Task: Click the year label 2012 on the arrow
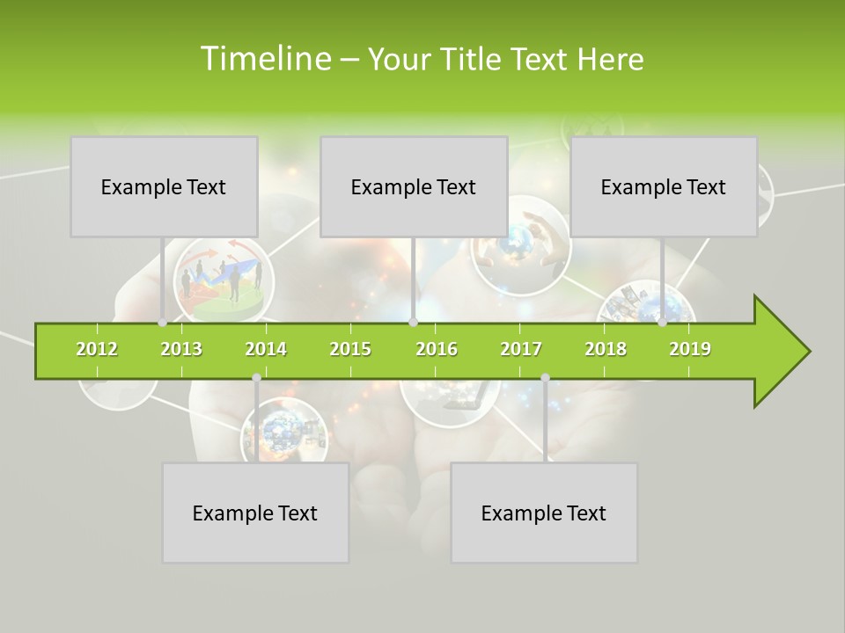coord(97,349)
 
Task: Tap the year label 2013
coord(181,349)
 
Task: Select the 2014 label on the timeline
coord(266,349)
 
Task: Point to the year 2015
coord(350,349)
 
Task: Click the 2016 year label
coord(437,349)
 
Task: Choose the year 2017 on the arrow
coord(521,349)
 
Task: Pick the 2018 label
coord(606,349)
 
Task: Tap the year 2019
coord(690,349)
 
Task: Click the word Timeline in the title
coord(264,59)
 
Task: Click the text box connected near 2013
coord(164,186)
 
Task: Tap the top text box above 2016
coord(414,186)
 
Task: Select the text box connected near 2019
coord(664,186)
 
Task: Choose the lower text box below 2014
coord(255,513)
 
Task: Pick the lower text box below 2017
coord(544,513)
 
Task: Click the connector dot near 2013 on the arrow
coord(163,323)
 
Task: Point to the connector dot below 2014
coord(256,377)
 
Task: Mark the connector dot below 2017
coord(545,377)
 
